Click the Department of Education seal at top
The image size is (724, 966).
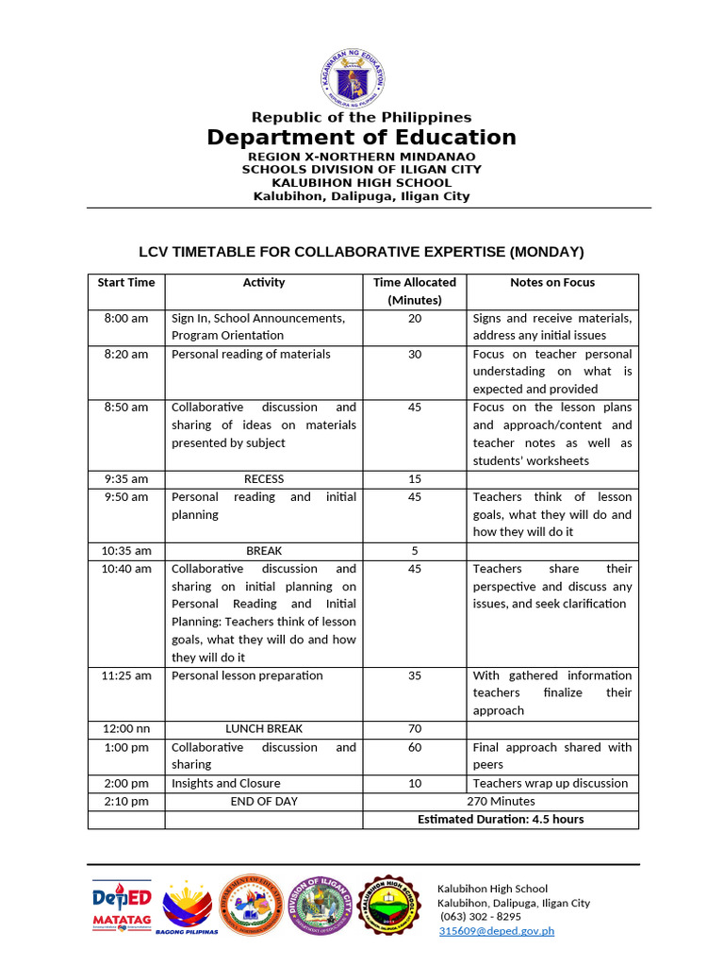tap(361, 75)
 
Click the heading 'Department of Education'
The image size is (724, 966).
tap(361, 138)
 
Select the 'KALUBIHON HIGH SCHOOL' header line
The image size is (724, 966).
tap(361, 183)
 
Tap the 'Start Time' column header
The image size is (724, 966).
tap(126, 282)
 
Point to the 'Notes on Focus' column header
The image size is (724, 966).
tap(552, 282)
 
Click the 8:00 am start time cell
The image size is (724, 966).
tap(126, 319)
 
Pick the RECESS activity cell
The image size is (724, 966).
tap(263, 479)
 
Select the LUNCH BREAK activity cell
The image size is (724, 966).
tap(263, 729)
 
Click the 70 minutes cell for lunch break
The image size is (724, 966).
tap(414, 729)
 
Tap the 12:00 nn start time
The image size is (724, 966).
tap(126, 729)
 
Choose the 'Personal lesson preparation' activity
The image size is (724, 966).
tap(247, 675)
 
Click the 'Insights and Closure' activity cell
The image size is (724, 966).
tap(226, 783)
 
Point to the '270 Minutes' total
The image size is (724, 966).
tap(501, 801)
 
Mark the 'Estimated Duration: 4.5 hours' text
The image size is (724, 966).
tap(501, 819)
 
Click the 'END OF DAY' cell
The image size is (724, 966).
tap(263, 801)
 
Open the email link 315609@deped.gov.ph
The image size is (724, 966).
tap(496, 931)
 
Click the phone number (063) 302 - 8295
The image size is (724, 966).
tap(480, 917)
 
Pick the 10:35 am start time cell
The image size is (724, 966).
tap(126, 551)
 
